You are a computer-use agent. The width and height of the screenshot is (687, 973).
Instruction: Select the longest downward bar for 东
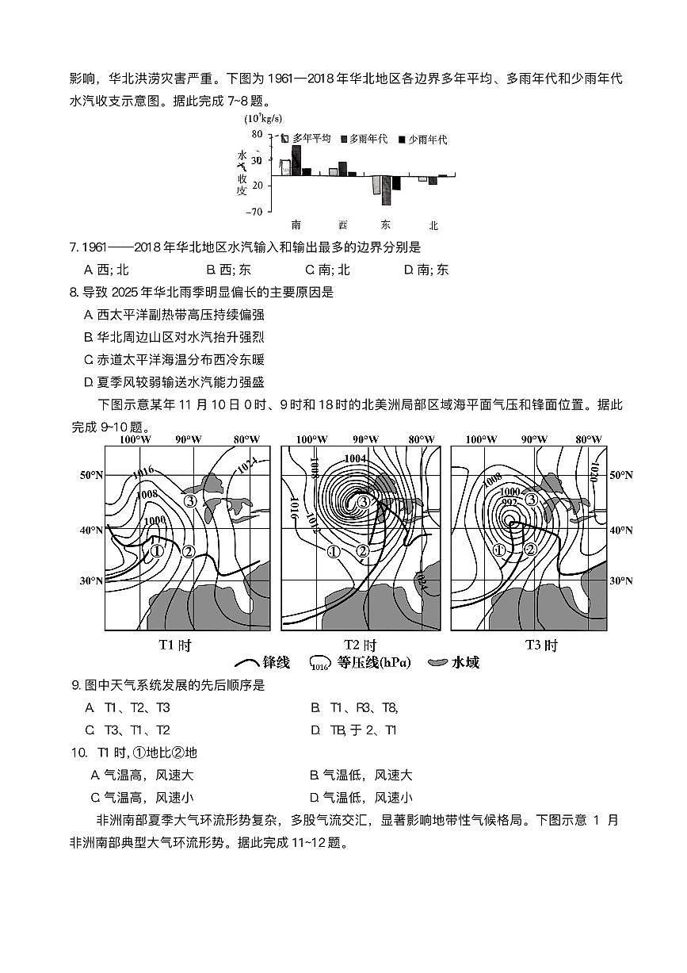(386, 190)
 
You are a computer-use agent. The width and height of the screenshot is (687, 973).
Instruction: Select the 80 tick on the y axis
(257, 134)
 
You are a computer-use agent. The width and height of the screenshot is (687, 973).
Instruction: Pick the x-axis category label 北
(433, 225)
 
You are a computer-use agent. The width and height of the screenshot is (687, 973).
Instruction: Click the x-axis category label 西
(342, 225)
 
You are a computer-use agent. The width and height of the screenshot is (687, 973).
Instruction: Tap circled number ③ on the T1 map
(190, 500)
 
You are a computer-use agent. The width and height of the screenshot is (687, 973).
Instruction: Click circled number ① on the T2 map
(334, 552)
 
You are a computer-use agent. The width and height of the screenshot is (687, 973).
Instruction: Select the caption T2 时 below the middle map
(360, 645)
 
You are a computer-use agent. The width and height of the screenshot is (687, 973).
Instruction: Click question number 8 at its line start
(74, 292)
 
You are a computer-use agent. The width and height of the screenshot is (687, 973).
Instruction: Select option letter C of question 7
(311, 270)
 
